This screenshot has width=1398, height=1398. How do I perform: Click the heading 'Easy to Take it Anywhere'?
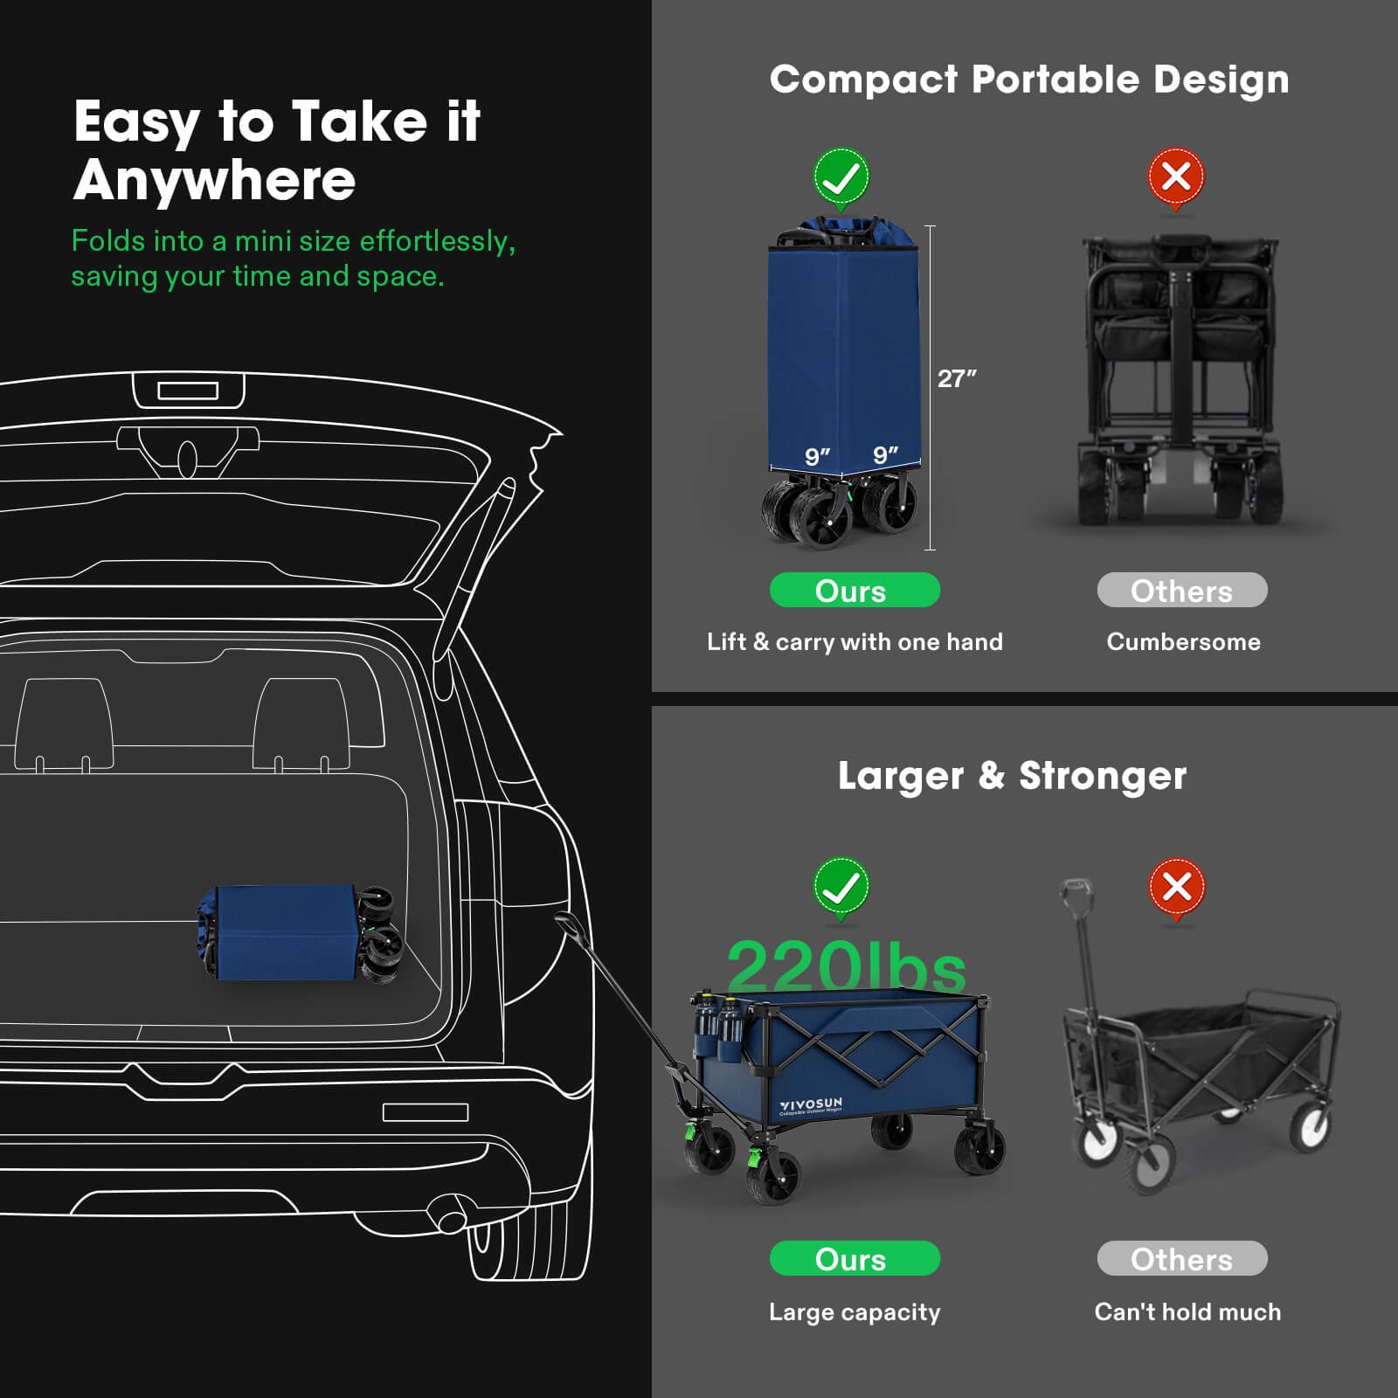click(x=277, y=150)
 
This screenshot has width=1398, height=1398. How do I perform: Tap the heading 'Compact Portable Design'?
click(x=1029, y=80)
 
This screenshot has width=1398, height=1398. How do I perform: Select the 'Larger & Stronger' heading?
click(x=1012, y=776)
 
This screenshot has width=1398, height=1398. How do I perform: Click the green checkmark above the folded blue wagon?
click(x=841, y=179)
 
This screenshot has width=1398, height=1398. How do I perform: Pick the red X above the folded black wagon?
click(x=1176, y=179)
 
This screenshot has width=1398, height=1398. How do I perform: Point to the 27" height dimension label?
click(x=957, y=378)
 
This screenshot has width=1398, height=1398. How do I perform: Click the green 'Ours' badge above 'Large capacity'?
click(x=855, y=1258)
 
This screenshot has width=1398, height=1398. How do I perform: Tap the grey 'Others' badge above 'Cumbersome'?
click(x=1182, y=590)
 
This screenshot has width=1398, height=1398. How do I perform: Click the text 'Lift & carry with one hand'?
click(x=855, y=642)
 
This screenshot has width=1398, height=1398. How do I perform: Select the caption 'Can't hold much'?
click(x=1187, y=1311)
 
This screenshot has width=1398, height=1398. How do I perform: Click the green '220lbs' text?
click(x=846, y=966)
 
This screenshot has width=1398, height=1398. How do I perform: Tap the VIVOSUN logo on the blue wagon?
click(x=811, y=1106)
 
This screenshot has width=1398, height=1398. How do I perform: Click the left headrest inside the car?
click(x=65, y=724)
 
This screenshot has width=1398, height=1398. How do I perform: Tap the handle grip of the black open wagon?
click(x=1074, y=895)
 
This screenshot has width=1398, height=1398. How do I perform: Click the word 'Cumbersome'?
click(x=1183, y=642)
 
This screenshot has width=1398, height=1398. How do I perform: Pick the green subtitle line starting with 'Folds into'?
click(x=294, y=241)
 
